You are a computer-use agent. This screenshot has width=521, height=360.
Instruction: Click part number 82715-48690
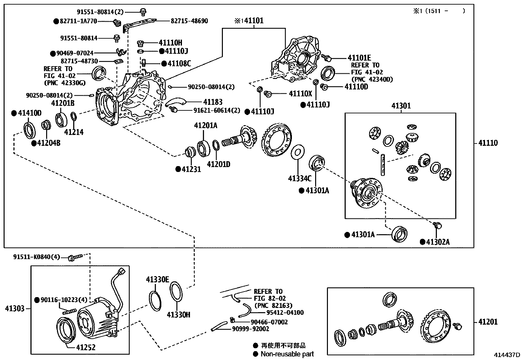(x=189, y=21)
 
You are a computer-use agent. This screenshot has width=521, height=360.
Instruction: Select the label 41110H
(x=170, y=43)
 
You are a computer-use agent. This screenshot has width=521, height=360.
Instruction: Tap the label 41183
(x=212, y=102)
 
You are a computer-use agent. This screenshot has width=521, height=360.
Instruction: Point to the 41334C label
(x=299, y=178)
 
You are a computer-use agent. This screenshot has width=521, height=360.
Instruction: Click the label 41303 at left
(x=15, y=308)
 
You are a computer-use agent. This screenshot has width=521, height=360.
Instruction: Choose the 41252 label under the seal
(x=86, y=347)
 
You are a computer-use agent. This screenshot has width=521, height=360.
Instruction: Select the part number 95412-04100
(x=280, y=313)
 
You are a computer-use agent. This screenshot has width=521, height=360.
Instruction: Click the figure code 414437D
(x=507, y=355)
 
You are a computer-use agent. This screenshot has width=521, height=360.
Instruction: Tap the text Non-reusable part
(x=287, y=354)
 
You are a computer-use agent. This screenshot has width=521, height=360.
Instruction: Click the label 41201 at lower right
(x=488, y=322)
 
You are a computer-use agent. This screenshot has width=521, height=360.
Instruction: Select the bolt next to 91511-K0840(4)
(x=74, y=258)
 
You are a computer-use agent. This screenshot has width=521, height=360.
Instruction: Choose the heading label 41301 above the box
(x=401, y=106)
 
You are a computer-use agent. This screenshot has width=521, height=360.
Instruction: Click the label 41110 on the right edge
(x=488, y=143)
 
